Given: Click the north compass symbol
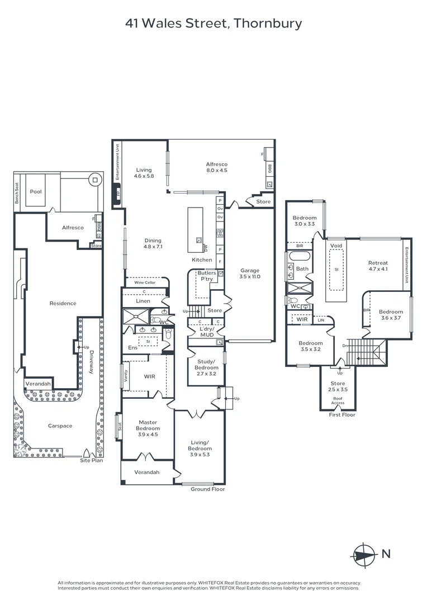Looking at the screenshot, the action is click(364, 555).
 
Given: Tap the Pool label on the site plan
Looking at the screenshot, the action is click(36, 191).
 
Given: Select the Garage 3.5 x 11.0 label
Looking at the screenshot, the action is click(250, 273).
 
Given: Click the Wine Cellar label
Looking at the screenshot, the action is click(145, 282).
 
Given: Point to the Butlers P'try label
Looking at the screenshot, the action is click(207, 276).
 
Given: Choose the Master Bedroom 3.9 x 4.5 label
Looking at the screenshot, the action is click(148, 428).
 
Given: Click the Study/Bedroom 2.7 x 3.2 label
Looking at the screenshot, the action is click(206, 367).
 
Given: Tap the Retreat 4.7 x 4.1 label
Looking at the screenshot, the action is click(378, 266).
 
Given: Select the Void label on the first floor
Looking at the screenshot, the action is click(336, 246).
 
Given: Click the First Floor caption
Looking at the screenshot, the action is click(342, 415).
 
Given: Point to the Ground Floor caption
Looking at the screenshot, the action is click(208, 489).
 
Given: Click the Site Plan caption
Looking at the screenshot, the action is click(92, 460).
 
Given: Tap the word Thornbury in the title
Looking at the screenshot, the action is click(268, 23).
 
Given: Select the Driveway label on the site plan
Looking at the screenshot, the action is click(91, 362).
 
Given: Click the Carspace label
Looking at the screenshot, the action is click(60, 426).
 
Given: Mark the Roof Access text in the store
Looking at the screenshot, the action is click(338, 400).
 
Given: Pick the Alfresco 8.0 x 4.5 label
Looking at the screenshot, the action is click(217, 167).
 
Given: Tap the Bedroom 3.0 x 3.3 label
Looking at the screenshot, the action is click(305, 221).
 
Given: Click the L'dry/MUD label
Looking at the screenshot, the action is click(207, 332).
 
